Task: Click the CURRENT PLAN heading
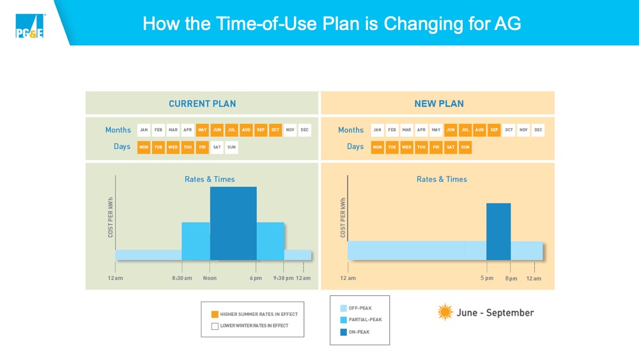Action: coord(202,104)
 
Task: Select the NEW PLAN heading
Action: coord(439,104)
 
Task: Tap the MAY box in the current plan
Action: coord(202,130)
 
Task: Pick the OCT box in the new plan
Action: coord(509,130)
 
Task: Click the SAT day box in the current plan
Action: coord(217,147)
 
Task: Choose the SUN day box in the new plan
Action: coord(465,147)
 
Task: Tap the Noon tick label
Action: coord(210,278)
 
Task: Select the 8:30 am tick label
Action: coord(182,278)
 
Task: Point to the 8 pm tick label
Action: coord(510,278)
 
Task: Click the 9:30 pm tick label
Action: coord(284,278)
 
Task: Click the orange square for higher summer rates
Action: coord(215,314)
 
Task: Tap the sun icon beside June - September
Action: coord(445,312)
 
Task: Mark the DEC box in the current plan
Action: coord(304,130)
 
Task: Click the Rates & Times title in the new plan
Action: coord(442,179)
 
